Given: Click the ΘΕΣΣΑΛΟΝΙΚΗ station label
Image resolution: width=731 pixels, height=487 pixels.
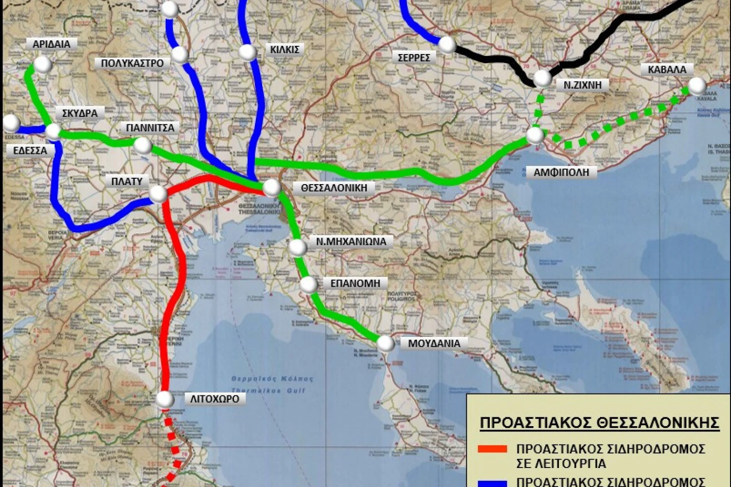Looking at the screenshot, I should (x=334, y=188).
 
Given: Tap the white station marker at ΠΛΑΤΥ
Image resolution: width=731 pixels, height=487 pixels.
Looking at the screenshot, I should (x=158, y=194).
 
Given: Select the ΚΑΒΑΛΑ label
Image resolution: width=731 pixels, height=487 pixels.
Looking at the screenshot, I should (x=667, y=70).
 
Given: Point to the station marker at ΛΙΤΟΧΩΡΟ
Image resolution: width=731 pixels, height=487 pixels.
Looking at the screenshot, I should (x=165, y=400).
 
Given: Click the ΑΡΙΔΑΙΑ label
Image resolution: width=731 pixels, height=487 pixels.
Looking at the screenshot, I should (x=51, y=44).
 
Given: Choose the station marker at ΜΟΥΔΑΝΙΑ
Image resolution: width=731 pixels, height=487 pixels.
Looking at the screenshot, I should (x=385, y=343).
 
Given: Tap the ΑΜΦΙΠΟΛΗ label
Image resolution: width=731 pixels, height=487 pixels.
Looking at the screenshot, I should (x=561, y=172).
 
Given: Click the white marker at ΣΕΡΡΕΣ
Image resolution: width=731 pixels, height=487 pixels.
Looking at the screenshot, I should (x=446, y=45).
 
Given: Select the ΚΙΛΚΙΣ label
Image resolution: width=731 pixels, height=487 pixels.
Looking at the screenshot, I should (x=285, y=50).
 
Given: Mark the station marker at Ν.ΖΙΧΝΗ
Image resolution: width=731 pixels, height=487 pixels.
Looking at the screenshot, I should (x=542, y=78).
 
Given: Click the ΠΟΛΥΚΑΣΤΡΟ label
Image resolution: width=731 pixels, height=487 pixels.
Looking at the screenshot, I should (x=132, y=63).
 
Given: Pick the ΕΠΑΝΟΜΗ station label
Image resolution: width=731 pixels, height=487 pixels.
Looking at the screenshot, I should (x=355, y=283).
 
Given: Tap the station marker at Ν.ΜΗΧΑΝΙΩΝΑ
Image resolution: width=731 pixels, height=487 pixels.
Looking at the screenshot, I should (x=298, y=247).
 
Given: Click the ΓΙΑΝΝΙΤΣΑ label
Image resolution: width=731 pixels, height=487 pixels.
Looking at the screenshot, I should (x=150, y=128).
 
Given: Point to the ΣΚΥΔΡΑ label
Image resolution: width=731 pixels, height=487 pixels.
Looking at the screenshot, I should (x=79, y=113).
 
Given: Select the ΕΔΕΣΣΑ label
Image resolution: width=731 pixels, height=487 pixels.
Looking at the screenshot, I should (x=30, y=151).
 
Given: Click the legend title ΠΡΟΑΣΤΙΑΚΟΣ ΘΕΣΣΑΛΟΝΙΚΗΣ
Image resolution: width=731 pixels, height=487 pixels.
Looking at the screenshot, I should (x=599, y=423).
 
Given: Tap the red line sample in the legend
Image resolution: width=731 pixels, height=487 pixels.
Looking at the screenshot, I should (x=492, y=449).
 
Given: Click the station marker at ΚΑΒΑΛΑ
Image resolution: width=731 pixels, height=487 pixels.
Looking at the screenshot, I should (x=697, y=86).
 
